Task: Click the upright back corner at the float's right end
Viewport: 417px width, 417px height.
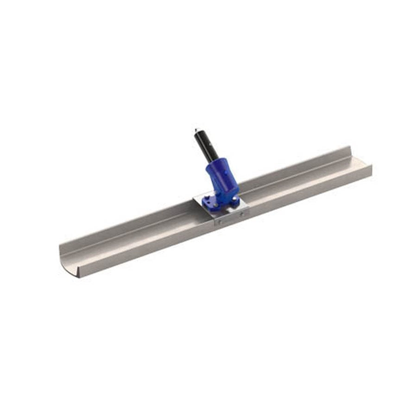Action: point(350,151)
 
